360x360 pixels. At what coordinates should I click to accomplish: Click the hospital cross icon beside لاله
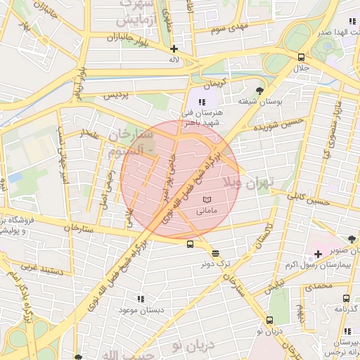coord(174,49)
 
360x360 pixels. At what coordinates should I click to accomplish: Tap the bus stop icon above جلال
coord(301,58)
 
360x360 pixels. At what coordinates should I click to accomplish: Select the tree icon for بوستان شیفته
coord(259,91)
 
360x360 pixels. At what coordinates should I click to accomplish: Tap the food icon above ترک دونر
coord(214,253)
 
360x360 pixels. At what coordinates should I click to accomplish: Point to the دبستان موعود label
coord(141,309)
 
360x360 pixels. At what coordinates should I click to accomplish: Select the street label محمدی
coord(319,287)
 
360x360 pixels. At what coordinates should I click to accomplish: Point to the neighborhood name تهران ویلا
coord(247,183)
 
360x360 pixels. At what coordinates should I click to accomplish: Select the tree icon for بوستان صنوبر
coord(352,239)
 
